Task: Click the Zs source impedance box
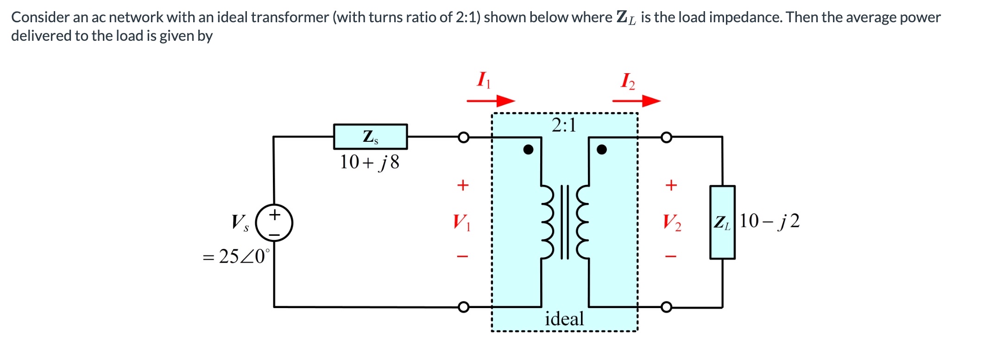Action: tap(370, 137)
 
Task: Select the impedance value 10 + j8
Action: tap(369, 162)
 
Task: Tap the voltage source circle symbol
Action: tap(275, 223)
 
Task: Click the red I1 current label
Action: tap(483, 80)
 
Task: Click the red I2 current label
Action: tap(628, 81)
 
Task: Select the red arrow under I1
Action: tap(491, 101)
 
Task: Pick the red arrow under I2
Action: tap(636, 101)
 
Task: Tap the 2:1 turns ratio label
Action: tap(564, 125)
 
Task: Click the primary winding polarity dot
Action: tap(528, 149)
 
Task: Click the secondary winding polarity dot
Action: tap(601, 149)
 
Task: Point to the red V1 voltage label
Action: tap(461, 222)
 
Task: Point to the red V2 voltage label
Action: tap(672, 222)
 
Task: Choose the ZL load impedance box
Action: tap(722, 222)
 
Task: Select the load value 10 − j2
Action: tap(769, 221)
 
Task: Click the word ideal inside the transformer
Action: tap(564, 319)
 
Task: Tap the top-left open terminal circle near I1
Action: tap(463, 137)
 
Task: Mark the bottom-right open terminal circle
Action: tap(666, 307)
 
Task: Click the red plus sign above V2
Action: tap(671, 185)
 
